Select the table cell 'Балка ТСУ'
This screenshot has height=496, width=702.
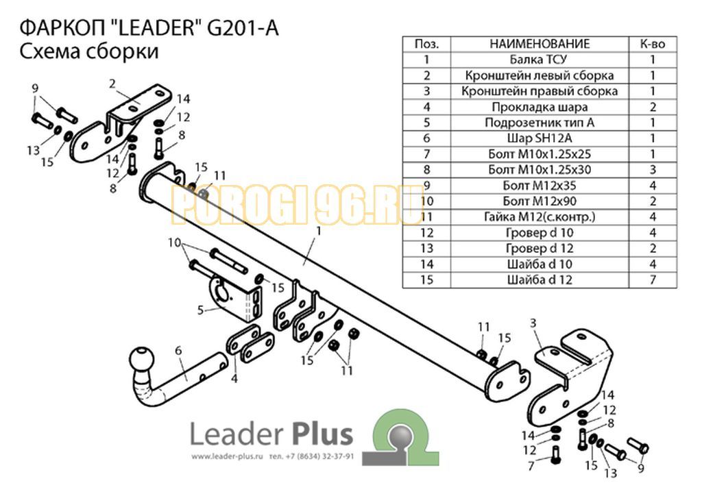(539, 60)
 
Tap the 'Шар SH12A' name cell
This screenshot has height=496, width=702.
(539, 138)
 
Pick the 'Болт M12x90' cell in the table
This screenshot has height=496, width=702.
(539, 201)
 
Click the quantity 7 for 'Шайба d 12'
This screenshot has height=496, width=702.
(653, 280)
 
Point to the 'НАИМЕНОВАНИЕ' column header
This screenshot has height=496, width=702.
(539, 44)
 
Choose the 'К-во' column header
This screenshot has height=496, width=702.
(653, 44)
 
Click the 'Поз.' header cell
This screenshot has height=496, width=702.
(426, 44)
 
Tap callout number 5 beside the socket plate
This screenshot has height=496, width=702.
(200, 310)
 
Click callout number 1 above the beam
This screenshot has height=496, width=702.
(318, 232)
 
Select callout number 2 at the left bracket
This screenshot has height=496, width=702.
(112, 84)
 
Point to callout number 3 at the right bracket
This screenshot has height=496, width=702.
(533, 323)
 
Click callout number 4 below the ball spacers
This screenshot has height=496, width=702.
(234, 379)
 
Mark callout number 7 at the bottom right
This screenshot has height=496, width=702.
(531, 466)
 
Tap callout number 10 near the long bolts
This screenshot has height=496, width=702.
(174, 243)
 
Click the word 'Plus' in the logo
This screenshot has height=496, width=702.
(322, 434)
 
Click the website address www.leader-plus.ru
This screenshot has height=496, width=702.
(226, 457)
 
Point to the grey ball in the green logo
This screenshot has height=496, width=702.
(400, 436)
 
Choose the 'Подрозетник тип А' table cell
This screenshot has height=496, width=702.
(539, 123)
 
